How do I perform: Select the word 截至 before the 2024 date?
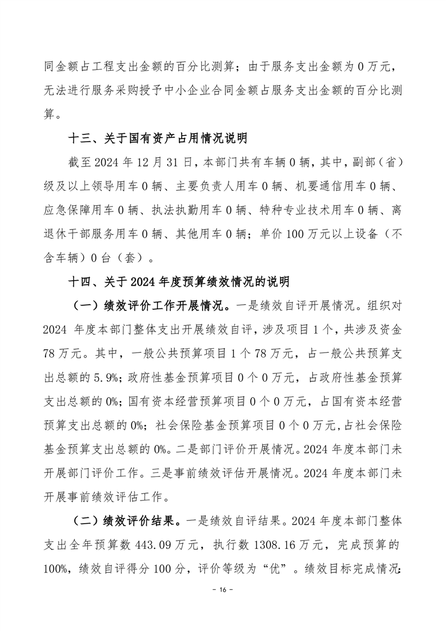(79, 163)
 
